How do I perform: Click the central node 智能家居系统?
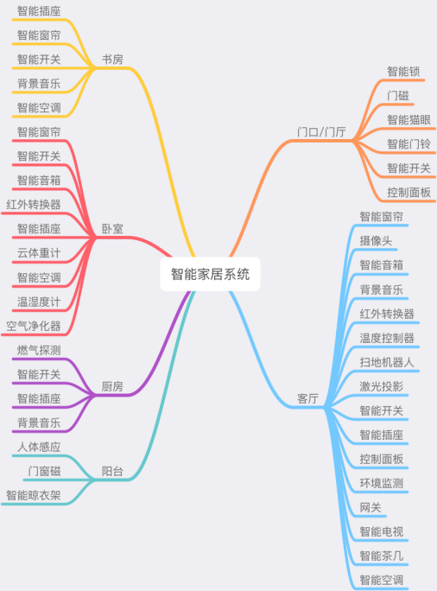coord(210,274)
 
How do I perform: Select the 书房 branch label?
coord(112,60)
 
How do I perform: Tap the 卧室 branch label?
coord(112,229)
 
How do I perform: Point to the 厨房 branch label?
coord(112,386)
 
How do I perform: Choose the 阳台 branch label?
coord(112,471)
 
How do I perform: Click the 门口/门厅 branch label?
coord(321,132)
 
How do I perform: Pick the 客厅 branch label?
coord(307,398)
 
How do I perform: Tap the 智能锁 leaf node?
coord(403,72)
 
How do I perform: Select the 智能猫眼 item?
coord(408,120)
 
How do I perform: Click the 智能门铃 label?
coord(408,144)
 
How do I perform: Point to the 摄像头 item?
coord(376,241)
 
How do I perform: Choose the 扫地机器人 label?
coord(387,362)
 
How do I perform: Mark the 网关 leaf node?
coord(370,507)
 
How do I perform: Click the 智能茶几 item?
coord(382,556)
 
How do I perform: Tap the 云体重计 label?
coord(39,253)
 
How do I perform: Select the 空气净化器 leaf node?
coord(34,326)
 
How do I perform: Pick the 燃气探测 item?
coord(39,350)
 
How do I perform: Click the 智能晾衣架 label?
coord(34,495)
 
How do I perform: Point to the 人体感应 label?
coord(39,447)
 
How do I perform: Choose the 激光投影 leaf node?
coord(382,386)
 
